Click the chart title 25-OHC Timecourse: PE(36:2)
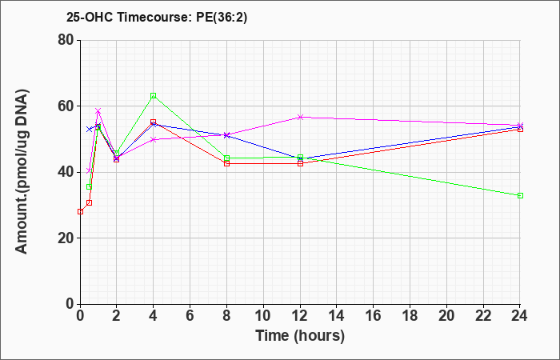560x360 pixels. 157,17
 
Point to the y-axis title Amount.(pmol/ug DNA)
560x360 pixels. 22,172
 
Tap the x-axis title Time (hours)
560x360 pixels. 300,336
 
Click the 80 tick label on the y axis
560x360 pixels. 66,40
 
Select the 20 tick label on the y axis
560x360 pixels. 66,238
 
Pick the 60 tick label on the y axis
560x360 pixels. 66,106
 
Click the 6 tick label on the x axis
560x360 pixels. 190,316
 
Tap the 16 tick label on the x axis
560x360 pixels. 373,316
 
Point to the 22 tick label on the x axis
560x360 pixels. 483,316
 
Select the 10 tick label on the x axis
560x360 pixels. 263,316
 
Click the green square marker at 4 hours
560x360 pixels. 154,96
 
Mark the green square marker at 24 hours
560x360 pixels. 520,196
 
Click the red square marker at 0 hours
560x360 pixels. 80,211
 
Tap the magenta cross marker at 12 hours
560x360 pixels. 300,117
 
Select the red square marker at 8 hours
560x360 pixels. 226,163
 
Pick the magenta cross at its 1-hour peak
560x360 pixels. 98,111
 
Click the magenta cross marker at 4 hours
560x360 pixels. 154,140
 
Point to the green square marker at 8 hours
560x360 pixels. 226,158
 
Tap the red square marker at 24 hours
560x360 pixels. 520,130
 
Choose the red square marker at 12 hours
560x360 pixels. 300,163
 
